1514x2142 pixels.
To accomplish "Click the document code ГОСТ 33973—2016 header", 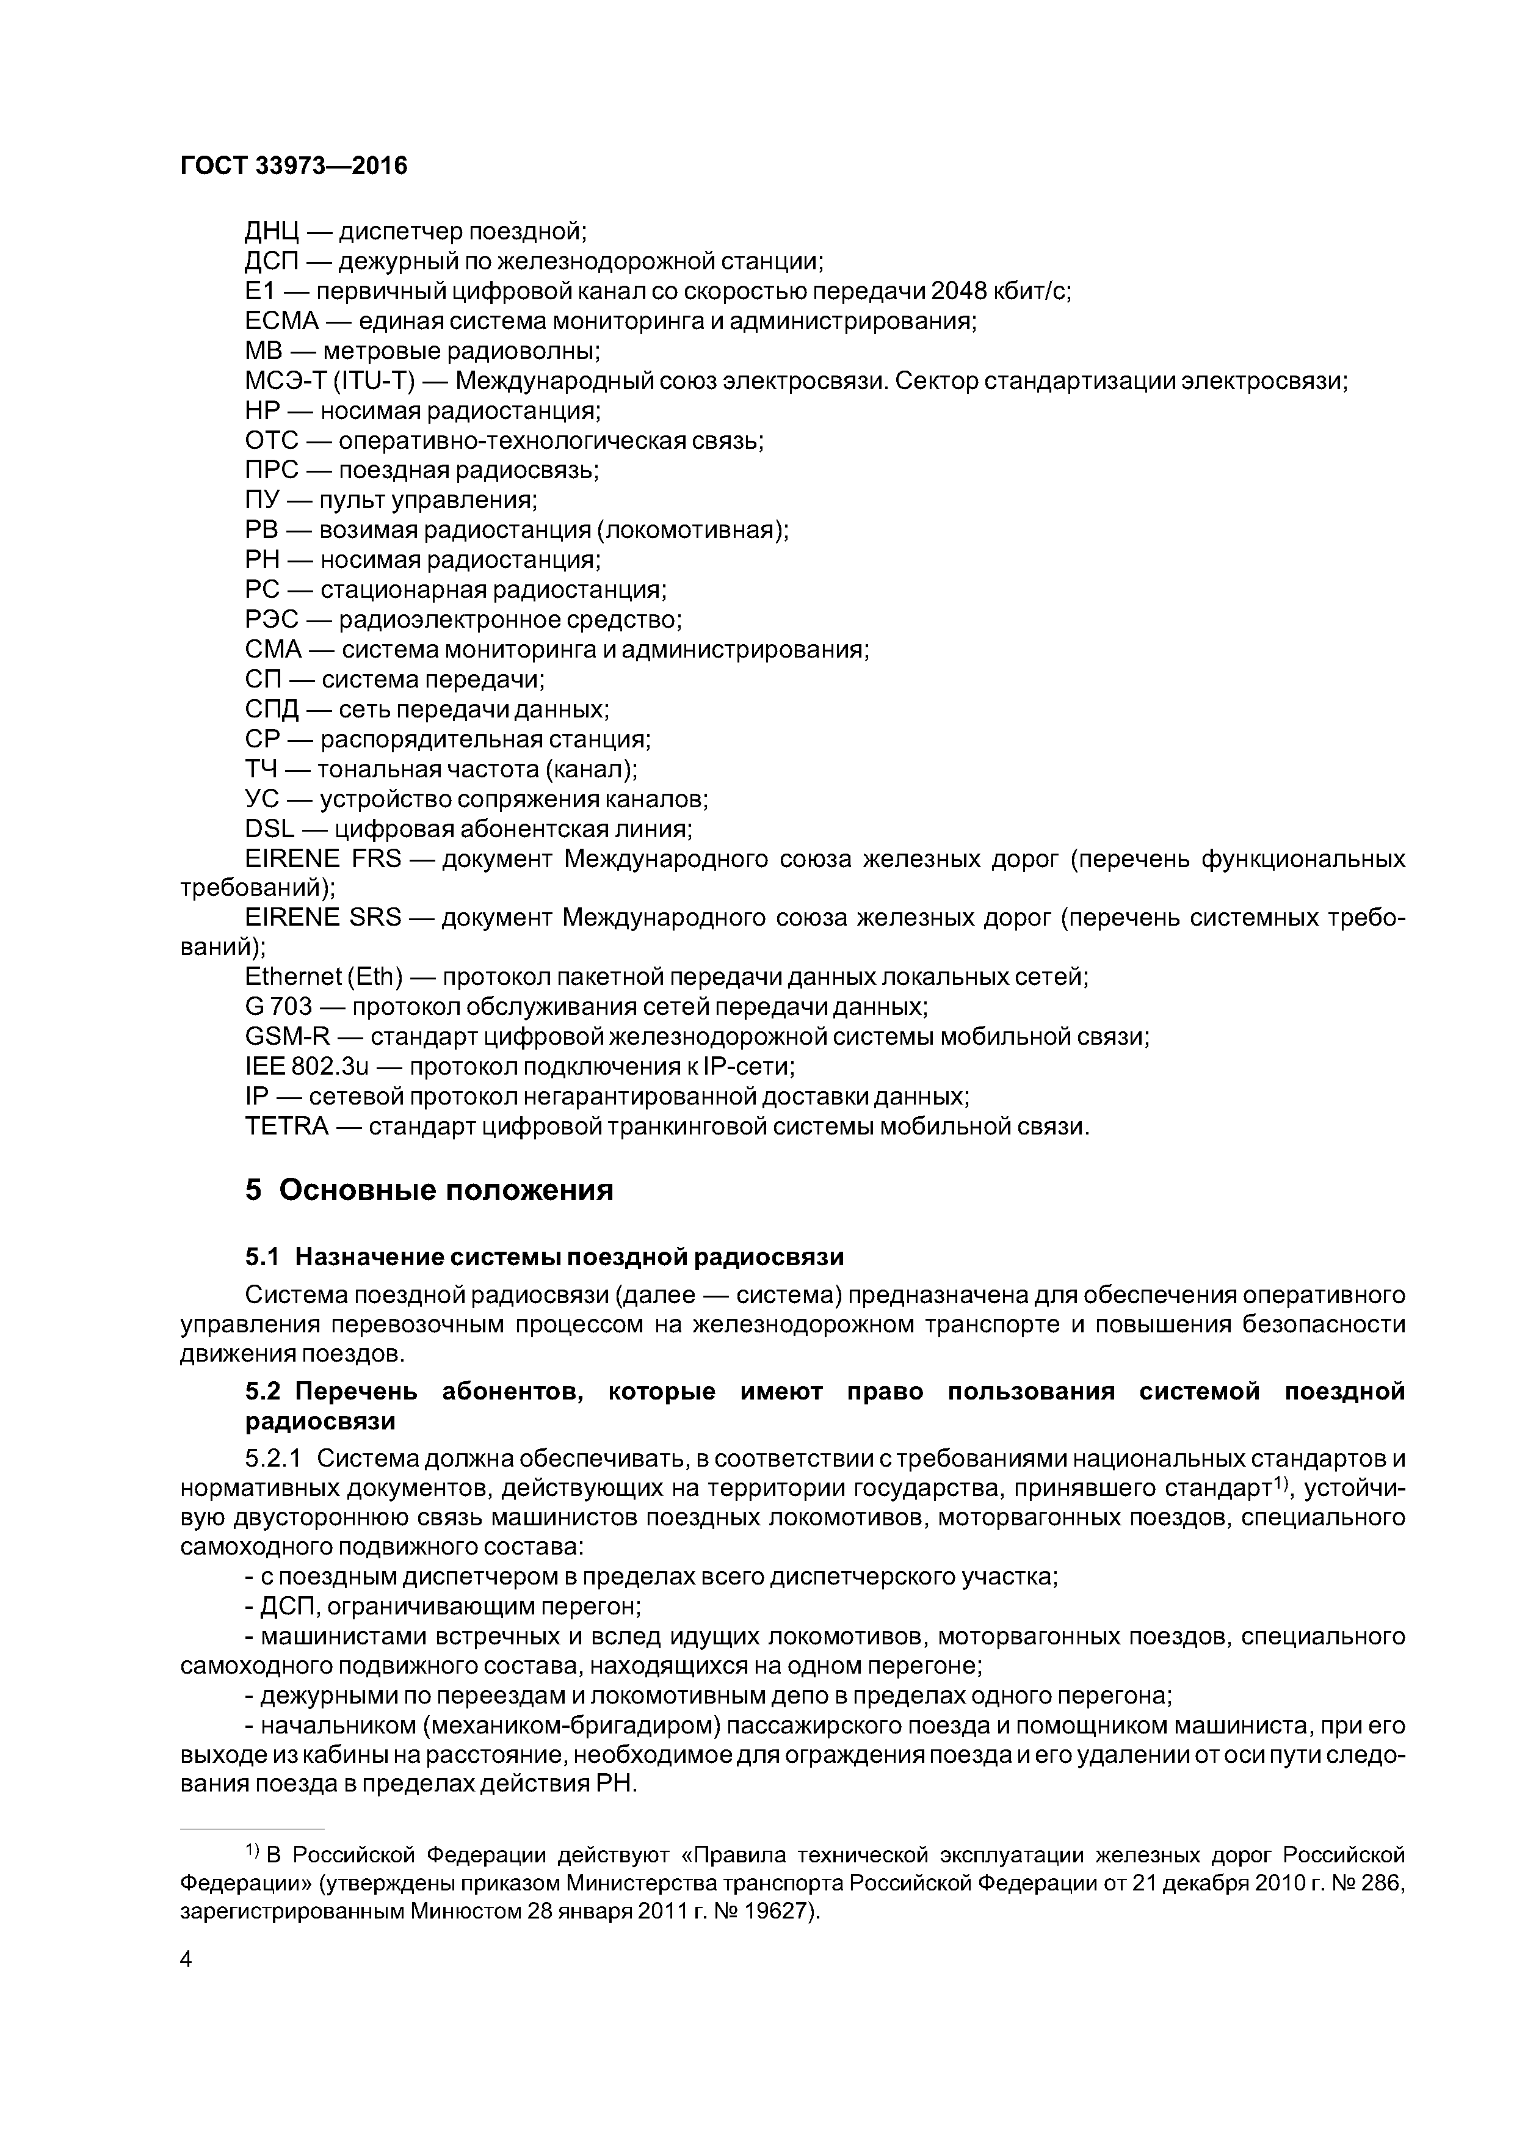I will point(293,166).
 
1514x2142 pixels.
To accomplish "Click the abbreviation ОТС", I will point(272,440).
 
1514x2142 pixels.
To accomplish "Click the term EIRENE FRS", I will point(323,859).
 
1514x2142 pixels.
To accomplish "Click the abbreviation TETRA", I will point(286,1126).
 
